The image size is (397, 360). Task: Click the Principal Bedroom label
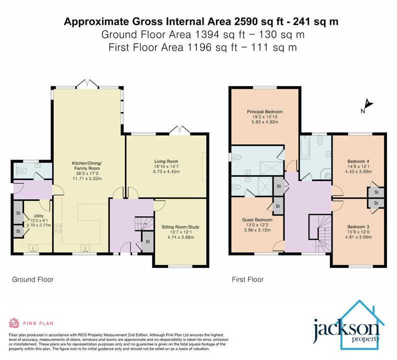(264, 111)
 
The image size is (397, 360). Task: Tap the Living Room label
(166, 161)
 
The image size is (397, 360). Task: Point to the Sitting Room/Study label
(180, 227)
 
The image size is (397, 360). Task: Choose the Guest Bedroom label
(257, 220)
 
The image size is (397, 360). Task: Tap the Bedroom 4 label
(358, 161)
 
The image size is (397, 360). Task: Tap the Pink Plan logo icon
(13, 322)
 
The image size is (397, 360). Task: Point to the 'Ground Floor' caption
(32, 279)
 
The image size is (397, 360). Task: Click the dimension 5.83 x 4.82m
(264, 122)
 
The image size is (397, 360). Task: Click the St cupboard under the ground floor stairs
(148, 241)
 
